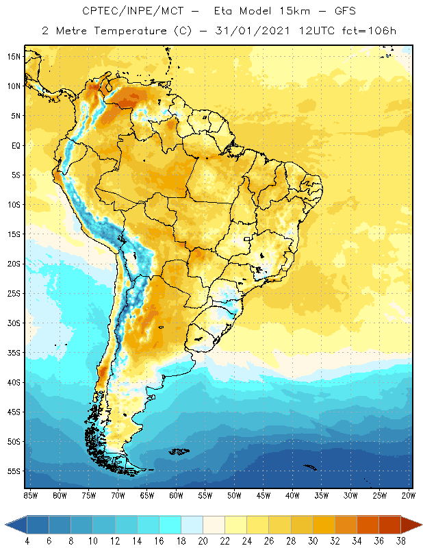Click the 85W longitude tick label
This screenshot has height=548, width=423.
[x=31, y=495]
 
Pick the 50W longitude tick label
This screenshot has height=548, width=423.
[x=234, y=495]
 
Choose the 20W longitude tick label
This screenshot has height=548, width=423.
[x=409, y=495]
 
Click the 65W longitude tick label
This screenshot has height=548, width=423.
[x=147, y=495]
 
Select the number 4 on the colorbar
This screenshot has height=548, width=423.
[x=27, y=541]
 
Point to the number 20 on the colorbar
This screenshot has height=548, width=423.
[x=203, y=541]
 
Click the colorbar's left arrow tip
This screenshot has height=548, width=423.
[x=6, y=525]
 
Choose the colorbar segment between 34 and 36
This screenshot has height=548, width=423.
[x=369, y=525]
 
